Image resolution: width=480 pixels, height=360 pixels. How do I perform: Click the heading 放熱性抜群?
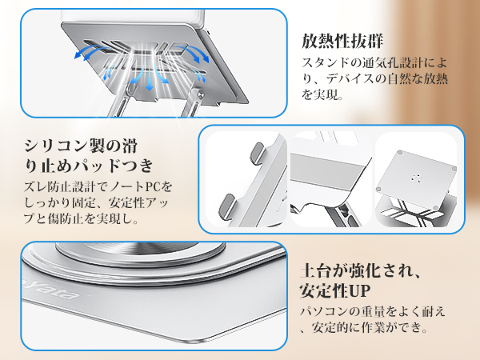(x=342, y=41)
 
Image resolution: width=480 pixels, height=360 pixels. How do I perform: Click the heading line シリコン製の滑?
(x=81, y=146)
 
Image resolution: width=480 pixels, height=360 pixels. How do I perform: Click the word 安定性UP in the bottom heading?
(x=335, y=290)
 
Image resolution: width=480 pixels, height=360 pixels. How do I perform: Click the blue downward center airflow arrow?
(x=149, y=80)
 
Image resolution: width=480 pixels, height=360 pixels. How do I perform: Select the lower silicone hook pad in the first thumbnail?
(x=226, y=205)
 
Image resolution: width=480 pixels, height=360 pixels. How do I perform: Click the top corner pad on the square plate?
(x=399, y=152)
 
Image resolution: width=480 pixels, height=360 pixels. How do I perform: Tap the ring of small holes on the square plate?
(x=417, y=178)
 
